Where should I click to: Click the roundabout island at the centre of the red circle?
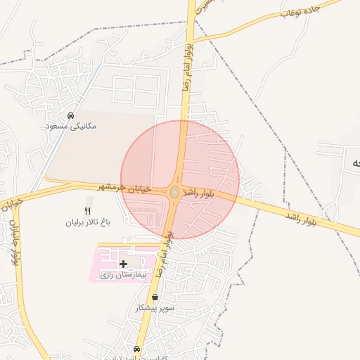pyautogui.click(x=174, y=192)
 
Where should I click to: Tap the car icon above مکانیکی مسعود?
pyautogui.click(x=70, y=115)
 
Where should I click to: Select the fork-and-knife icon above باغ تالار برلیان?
pyautogui.click(x=88, y=210)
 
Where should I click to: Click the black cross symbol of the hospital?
pyautogui.click(x=124, y=264)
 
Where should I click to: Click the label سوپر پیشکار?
pyautogui.click(x=155, y=308)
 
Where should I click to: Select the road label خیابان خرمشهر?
pyautogui.click(x=126, y=188)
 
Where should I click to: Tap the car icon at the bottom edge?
pyautogui.click(x=136, y=349)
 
